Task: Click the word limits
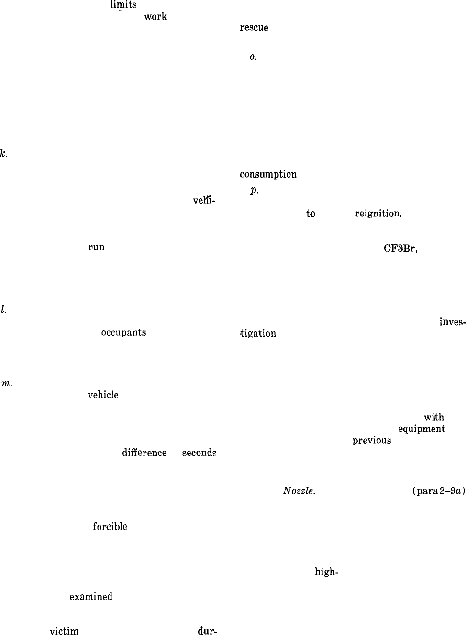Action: pyautogui.click(x=123, y=5)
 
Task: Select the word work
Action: pyautogui.click(x=155, y=17)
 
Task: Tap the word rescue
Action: pyautogui.click(x=254, y=28)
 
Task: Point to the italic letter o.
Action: pyautogui.click(x=253, y=57)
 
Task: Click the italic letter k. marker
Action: pyautogui.click(x=3, y=154)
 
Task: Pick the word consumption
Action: pyautogui.click(x=268, y=174)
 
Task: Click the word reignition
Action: pyautogui.click(x=378, y=214)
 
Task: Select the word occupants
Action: pyautogui.click(x=123, y=332)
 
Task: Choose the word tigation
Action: pyautogui.click(x=258, y=333)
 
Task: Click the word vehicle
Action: pyautogui.click(x=103, y=395)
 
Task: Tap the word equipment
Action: pyautogui.click(x=422, y=429)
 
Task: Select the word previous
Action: pyautogui.click(x=371, y=440)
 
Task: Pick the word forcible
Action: pyautogui.click(x=110, y=526)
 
